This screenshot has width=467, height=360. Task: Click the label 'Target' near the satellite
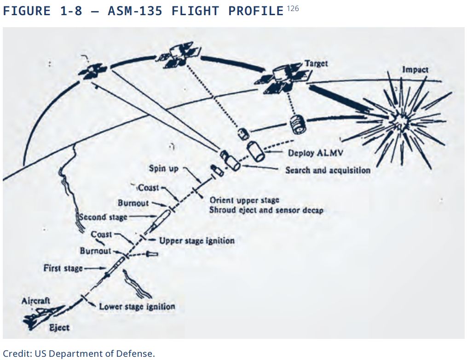click(317, 63)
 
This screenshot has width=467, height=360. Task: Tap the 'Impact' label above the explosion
click(415, 69)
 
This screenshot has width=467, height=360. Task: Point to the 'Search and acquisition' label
click(328, 170)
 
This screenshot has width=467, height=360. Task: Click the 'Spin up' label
click(163, 168)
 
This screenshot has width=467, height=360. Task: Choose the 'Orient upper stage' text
click(244, 200)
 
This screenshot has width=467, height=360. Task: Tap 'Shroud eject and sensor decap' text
click(266, 210)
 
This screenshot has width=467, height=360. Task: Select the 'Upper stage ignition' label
click(196, 240)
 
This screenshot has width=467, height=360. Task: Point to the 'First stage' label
click(63, 268)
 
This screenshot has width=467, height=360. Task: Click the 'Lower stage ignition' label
click(137, 306)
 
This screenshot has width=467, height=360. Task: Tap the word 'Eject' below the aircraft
click(59, 327)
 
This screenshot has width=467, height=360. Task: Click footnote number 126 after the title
click(293, 8)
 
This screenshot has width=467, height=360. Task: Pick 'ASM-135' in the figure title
click(135, 11)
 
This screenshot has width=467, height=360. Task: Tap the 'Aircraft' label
click(36, 301)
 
